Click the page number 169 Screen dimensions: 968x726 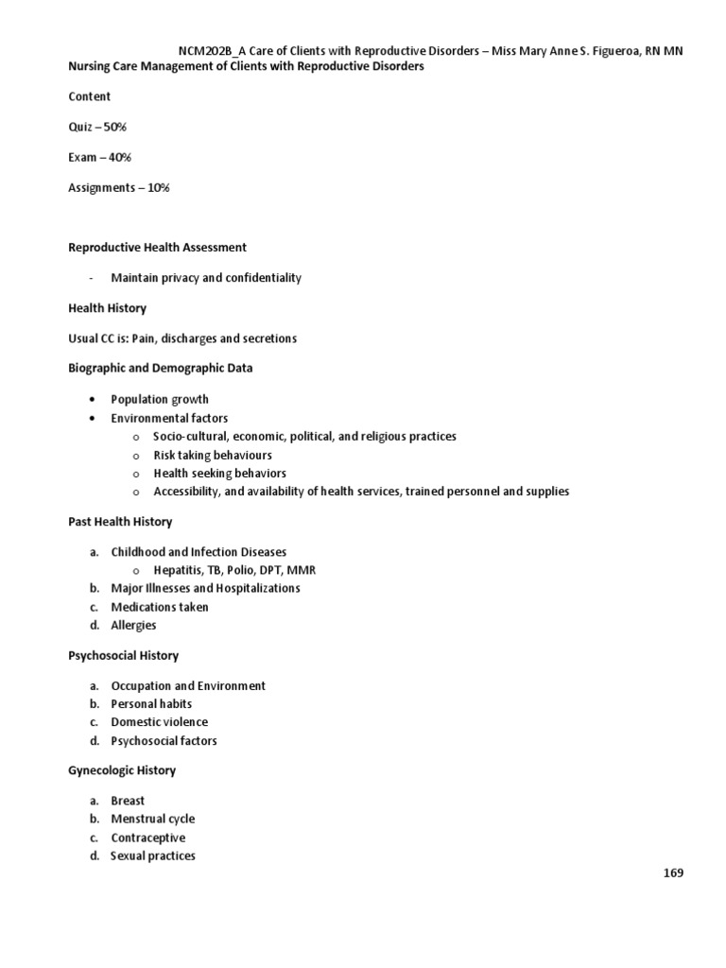[x=671, y=873]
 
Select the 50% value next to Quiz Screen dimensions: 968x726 [x=127, y=127]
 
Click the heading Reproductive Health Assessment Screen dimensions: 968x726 [x=157, y=248]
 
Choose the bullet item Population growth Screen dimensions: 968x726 [x=160, y=399]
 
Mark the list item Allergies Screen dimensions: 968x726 [x=133, y=625]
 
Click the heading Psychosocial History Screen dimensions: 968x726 [x=123, y=655]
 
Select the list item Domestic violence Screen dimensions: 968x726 [x=159, y=722]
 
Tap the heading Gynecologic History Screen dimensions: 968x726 [x=122, y=770]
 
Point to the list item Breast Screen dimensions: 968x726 [x=128, y=801]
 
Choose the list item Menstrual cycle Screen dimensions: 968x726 [x=152, y=819]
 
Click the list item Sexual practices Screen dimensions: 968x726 [x=152, y=856]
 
